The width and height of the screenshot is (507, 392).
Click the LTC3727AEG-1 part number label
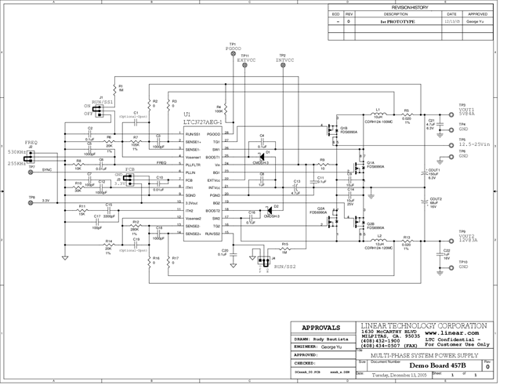click(x=203, y=122)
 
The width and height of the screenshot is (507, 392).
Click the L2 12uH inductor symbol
click(x=378, y=241)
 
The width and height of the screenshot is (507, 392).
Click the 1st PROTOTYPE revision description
click(x=397, y=22)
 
